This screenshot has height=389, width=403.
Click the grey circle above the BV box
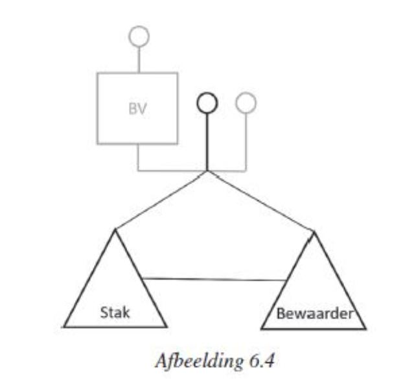(139, 27)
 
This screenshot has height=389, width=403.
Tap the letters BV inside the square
(137, 108)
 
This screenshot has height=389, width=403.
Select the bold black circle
(207, 93)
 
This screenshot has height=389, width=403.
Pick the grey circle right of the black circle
(246, 93)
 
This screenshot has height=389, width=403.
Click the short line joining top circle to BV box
(139, 60)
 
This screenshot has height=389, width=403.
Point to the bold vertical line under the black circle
(207, 142)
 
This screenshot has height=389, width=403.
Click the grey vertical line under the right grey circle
(246, 142)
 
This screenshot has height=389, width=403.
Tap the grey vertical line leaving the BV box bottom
(138, 157)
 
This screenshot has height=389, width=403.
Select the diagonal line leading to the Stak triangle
(161, 200)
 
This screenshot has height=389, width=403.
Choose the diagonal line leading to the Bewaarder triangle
(260, 201)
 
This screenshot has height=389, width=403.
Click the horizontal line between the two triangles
(214, 279)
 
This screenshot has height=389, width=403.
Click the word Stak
(115, 312)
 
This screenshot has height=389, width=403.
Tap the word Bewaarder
(315, 314)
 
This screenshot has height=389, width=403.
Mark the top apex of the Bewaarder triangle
(314, 231)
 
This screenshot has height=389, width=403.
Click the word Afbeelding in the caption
(200, 361)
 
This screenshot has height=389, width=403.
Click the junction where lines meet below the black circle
(207, 171)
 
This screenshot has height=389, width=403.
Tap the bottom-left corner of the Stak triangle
(63, 327)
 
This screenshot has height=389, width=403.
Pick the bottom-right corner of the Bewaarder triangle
(365, 329)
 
